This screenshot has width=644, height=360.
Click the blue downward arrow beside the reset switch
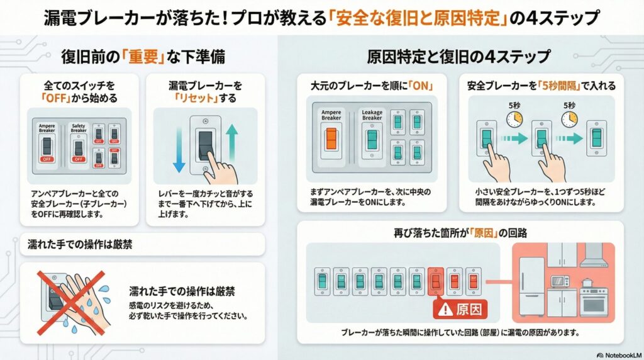point(178,149)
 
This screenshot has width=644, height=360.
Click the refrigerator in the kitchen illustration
point(531,286)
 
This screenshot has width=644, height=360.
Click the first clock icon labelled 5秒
point(514,119)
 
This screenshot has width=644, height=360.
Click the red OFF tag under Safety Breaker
point(78,159)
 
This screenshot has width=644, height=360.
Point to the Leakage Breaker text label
point(372,115)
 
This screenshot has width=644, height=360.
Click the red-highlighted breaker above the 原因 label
point(436,279)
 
